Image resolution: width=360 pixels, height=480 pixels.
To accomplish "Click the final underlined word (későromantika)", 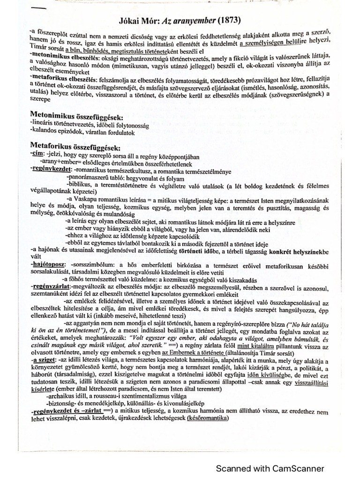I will pyautogui.click(x=207, y=418).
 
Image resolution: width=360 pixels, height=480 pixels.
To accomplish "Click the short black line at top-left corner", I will pyautogui.click(x=38, y=9).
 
